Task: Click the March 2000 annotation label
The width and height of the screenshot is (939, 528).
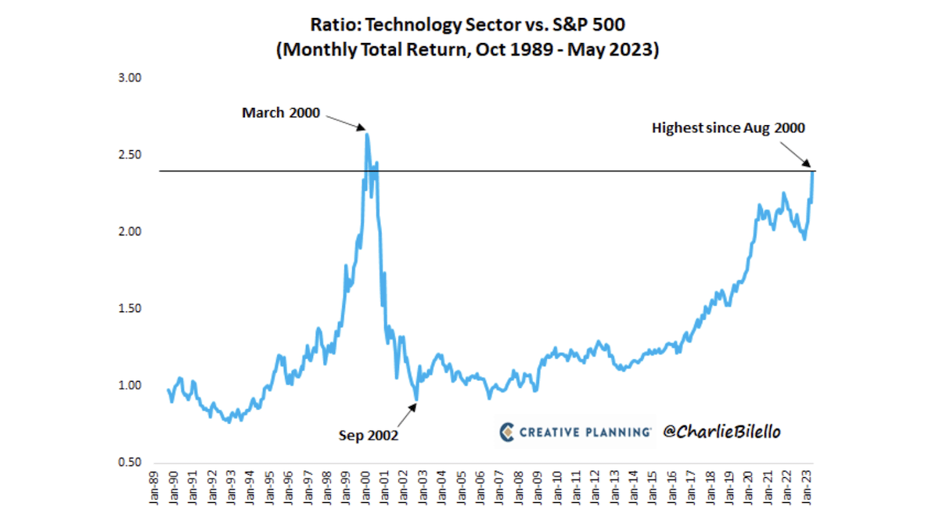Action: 281,113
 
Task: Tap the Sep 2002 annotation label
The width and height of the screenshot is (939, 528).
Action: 368,435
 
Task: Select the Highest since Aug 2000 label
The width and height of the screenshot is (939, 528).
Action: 729,128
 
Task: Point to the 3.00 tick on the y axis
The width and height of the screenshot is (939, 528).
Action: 128,78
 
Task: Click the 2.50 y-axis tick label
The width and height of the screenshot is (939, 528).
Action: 128,155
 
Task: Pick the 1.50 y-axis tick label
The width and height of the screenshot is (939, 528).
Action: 128,308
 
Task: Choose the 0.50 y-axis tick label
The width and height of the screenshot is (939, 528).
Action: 128,462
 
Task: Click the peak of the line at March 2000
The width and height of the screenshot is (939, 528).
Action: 367,135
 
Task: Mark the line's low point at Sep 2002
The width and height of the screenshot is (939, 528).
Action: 417,399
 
